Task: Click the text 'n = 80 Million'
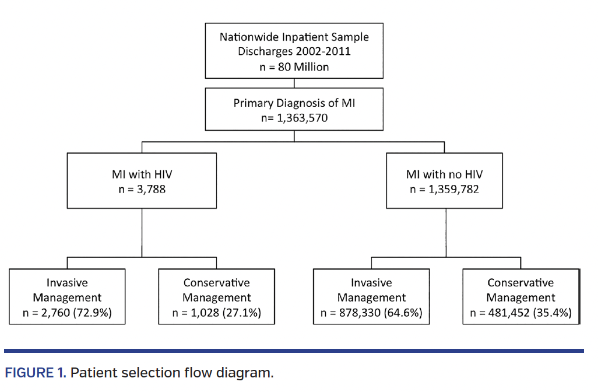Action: [x=294, y=66]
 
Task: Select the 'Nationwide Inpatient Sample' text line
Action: [x=294, y=37]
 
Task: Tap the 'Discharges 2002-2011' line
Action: [x=294, y=51]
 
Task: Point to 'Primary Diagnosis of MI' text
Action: [x=294, y=103]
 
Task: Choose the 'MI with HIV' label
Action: [x=142, y=174]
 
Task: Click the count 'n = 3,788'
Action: [x=142, y=189]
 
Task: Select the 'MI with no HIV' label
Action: [x=444, y=174]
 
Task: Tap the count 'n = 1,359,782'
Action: [x=444, y=189]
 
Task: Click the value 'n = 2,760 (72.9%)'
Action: [x=67, y=313]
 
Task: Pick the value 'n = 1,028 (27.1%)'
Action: [x=216, y=313]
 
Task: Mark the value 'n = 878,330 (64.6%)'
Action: [x=371, y=313]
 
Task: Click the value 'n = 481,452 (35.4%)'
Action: [x=520, y=313]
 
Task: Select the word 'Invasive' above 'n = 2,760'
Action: [x=67, y=283]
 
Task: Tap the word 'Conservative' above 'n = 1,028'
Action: [x=216, y=283]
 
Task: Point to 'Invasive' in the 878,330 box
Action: [x=371, y=283]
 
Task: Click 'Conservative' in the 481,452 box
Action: [x=520, y=283]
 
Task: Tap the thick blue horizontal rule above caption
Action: [x=294, y=351]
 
